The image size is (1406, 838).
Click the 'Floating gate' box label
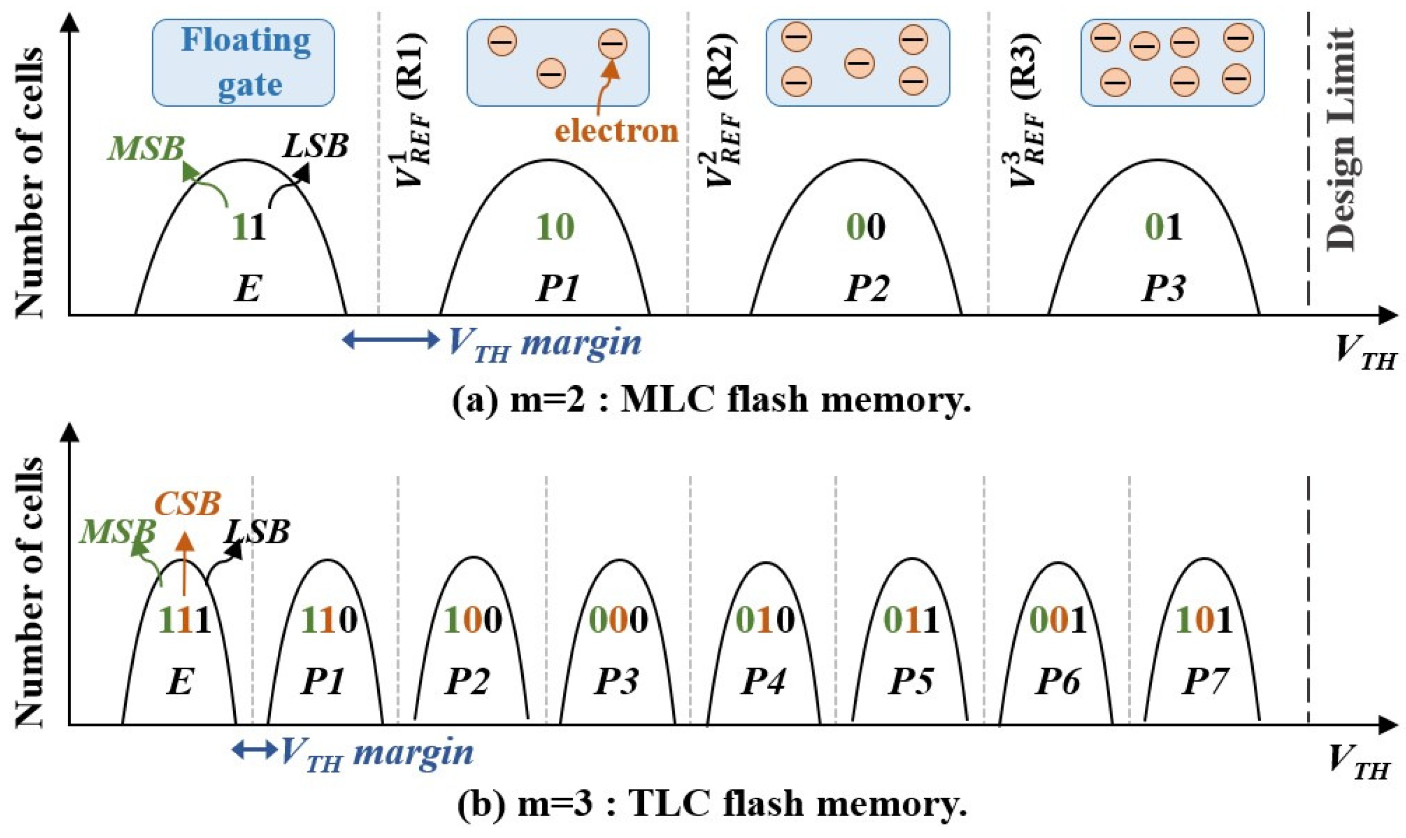coord(244,62)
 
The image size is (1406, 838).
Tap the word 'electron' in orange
coord(616,131)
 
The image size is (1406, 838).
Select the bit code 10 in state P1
coord(555,227)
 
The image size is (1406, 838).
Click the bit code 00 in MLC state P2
coord(866,227)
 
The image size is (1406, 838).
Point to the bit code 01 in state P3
coord(1163,227)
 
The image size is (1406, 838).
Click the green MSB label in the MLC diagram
coord(146,148)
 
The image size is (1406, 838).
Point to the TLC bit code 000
coord(618,620)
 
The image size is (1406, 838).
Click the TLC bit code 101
coord(1203,620)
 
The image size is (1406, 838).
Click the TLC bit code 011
coord(911,620)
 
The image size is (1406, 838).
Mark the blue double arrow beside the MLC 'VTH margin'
coord(391,340)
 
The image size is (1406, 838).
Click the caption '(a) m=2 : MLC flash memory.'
coord(711,400)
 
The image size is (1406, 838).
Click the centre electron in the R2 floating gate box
coord(860,62)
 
